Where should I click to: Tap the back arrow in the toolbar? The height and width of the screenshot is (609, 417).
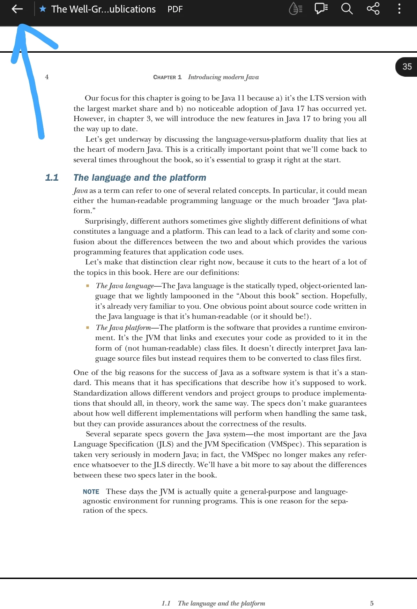[x=17, y=9]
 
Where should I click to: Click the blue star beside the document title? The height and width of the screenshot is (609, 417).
[x=43, y=9]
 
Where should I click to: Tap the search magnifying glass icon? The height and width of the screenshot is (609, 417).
[x=347, y=9]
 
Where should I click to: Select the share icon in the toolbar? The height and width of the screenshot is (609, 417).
[x=373, y=9]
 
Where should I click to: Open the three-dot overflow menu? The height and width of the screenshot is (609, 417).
[x=399, y=9]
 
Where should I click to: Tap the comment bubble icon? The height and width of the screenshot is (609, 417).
[x=321, y=9]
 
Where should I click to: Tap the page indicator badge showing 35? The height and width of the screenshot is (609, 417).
[x=407, y=67]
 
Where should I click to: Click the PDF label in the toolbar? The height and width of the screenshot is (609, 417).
[x=175, y=9]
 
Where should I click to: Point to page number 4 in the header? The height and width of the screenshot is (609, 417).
[x=47, y=77]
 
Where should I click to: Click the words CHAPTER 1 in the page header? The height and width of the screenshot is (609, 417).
[x=167, y=77]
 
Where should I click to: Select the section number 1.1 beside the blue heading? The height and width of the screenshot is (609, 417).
[x=52, y=178]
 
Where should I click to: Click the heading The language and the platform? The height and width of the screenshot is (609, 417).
[x=140, y=178]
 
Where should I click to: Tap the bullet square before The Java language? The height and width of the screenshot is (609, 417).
[x=88, y=286]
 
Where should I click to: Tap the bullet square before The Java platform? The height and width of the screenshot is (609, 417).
[x=88, y=328]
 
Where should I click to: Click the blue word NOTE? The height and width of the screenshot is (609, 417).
[x=91, y=491]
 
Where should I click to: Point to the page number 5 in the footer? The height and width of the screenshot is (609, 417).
[x=372, y=603]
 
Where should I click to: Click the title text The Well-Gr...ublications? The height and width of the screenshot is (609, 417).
[x=103, y=9]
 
